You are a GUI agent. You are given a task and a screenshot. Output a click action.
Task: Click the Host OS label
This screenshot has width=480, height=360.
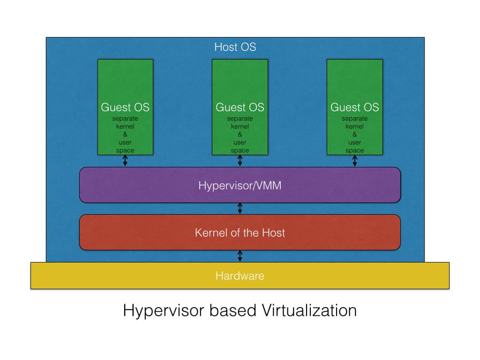pyautogui.click(x=235, y=47)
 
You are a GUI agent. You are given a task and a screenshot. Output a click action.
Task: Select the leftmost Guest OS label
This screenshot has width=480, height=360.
pyautogui.click(x=125, y=107)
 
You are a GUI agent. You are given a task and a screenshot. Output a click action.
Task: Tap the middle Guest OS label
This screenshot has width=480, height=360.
pyautogui.click(x=240, y=107)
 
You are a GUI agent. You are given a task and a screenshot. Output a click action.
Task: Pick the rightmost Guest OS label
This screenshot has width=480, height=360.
pyautogui.click(x=354, y=107)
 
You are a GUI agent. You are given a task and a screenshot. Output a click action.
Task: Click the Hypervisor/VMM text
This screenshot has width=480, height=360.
pyautogui.click(x=240, y=186)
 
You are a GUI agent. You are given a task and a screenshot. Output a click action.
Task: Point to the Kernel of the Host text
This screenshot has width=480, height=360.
pyautogui.click(x=240, y=232)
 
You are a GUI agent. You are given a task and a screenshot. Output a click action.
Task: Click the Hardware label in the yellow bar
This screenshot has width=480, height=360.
pyautogui.click(x=240, y=276)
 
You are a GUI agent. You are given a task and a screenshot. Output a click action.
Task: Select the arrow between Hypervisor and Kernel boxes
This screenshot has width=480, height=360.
pyautogui.click(x=240, y=209)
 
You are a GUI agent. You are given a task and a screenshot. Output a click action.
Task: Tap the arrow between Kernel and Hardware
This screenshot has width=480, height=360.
pyautogui.click(x=240, y=256)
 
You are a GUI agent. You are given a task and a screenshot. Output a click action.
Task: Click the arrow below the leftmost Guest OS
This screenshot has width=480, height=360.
pyautogui.click(x=125, y=161)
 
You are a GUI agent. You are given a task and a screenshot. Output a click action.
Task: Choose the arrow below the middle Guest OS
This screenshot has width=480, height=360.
pyautogui.click(x=240, y=161)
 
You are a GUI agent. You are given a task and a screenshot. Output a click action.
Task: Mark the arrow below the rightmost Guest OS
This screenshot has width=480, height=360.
pyautogui.click(x=355, y=161)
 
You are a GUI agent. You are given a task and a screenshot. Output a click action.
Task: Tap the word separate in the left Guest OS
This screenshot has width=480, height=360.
pyautogui.click(x=125, y=119)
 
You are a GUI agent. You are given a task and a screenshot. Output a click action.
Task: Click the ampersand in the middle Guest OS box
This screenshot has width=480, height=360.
pyautogui.click(x=240, y=135)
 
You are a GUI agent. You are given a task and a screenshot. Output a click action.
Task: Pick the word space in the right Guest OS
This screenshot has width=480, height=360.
pyautogui.click(x=355, y=150)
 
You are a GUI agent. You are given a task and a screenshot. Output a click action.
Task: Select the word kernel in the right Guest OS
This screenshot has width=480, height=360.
pyautogui.click(x=355, y=127)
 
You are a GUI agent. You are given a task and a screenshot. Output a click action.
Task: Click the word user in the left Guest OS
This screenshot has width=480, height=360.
pyautogui.click(x=125, y=142)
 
